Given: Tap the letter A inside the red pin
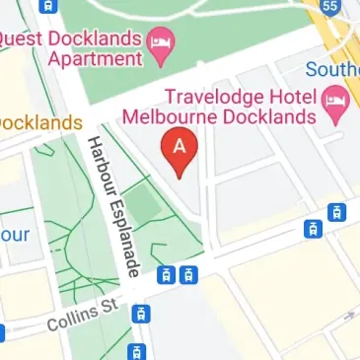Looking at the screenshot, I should coord(180,145).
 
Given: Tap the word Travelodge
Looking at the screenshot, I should coord(210,98).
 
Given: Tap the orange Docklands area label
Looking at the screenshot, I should coord(39,123).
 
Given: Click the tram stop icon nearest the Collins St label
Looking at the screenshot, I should coord(142,314).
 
